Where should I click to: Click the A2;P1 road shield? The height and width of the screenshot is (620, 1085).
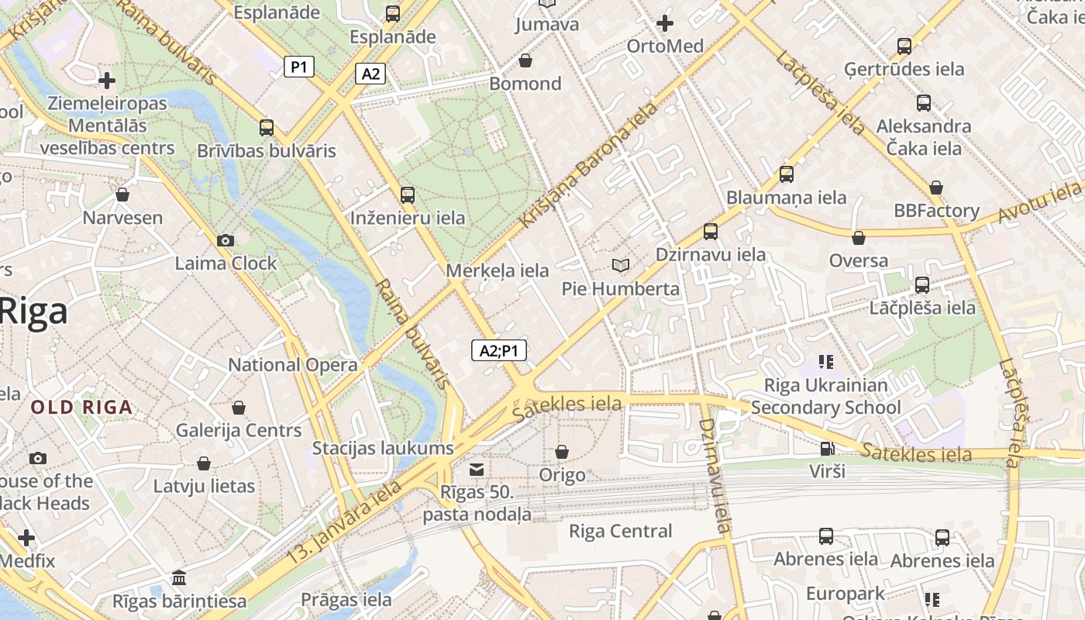(x=499, y=350)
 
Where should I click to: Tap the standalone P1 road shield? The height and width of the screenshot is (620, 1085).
(x=298, y=67)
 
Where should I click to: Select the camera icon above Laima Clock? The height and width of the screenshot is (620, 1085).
(x=226, y=240)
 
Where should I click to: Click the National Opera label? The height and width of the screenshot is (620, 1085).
(x=293, y=364)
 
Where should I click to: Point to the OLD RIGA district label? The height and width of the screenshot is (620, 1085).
(x=81, y=407)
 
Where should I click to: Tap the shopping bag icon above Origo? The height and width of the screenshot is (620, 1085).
(x=562, y=451)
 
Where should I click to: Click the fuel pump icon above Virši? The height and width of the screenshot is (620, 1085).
(x=827, y=448)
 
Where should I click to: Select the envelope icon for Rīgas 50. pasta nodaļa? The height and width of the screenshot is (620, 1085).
(x=477, y=469)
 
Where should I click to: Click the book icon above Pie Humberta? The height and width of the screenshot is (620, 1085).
(x=620, y=265)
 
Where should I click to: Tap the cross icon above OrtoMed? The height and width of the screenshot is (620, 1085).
(x=664, y=23)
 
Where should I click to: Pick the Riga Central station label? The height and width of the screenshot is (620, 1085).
(x=620, y=531)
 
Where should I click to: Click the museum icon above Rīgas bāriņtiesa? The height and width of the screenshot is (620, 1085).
(x=179, y=577)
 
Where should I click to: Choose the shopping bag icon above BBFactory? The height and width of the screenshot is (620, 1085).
(x=936, y=187)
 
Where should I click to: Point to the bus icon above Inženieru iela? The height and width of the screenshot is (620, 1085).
(x=408, y=195)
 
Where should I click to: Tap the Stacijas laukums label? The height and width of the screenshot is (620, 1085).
(x=383, y=447)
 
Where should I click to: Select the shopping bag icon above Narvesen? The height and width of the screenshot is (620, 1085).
(x=122, y=194)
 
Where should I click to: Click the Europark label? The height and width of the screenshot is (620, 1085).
(x=845, y=594)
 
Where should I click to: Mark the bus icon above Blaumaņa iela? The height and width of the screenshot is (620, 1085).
(x=787, y=174)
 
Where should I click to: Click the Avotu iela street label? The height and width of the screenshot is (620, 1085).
(x=1038, y=202)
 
